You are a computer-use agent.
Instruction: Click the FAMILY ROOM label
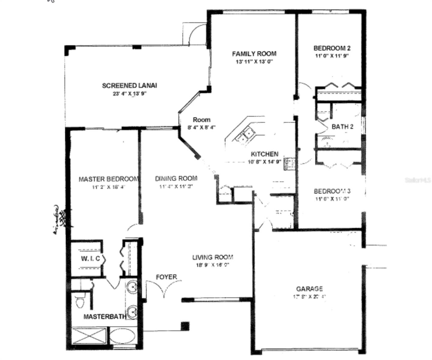coord(254,54)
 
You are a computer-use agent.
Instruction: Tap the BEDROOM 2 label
coord(332,48)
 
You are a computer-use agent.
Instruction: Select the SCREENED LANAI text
coord(129,85)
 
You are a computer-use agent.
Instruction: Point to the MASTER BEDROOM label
coord(109,179)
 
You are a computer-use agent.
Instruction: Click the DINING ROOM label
coord(176,178)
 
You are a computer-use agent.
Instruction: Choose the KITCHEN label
coord(264,154)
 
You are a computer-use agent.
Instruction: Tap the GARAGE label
coord(309,289)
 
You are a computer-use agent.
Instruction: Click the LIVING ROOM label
coord(212,257)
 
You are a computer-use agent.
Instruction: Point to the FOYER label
coord(166,277)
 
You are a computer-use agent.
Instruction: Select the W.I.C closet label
coord(90,259)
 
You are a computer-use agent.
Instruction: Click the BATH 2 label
coord(342,127)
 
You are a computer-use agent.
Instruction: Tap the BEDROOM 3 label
coord(332,191)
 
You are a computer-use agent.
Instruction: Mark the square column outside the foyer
coord(185,326)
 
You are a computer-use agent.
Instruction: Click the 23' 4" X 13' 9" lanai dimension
coord(129,94)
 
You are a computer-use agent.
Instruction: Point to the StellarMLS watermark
coord(418,180)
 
